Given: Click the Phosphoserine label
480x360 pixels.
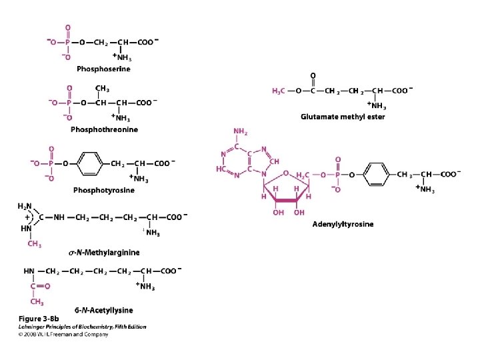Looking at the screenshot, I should tap(103, 69).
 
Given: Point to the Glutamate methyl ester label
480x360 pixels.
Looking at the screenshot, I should tap(343, 117).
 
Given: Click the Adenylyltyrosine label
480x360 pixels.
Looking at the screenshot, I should tap(343, 224).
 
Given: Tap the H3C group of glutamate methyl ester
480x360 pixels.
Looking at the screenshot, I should tap(279, 90).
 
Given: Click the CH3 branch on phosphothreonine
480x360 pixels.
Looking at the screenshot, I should tap(102, 89).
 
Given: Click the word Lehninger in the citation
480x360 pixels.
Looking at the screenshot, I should tap(31, 327).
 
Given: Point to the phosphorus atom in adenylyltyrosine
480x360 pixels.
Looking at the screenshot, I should tap(337, 174).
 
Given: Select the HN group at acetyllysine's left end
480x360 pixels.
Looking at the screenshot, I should tap(30, 271).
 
